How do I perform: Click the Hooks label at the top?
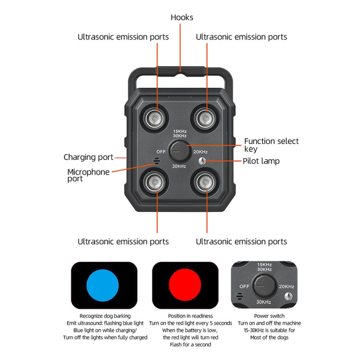pyautogui.click(x=182, y=17)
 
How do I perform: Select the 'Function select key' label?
pyautogui.click(x=271, y=145)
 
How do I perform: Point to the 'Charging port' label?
pyautogui.click(x=88, y=157)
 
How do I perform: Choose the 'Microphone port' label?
pyautogui.click(x=88, y=175)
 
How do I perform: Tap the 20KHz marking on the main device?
pyautogui.click(x=200, y=152)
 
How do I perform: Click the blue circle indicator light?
pyautogui.click(x=102, y=285)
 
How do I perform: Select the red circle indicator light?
pyautogui.click(x=185, y=285)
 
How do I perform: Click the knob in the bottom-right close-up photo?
pyautogui.click(x=263, y=286)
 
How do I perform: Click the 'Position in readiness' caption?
pyautogui.click(x=190, y=316)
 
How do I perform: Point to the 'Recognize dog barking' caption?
pyautogui.click(x=105, y=316)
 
